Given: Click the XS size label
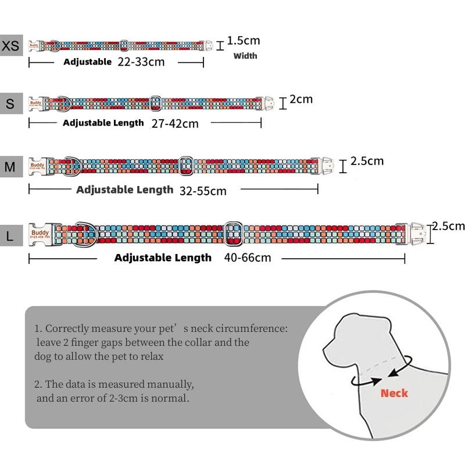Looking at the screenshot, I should [11, 45].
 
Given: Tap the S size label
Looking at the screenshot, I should [10, 104].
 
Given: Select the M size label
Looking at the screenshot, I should [10, 167].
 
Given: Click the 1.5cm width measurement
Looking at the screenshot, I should [244, 41].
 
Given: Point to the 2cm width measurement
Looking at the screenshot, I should [301, 99].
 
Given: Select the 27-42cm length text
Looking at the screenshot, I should [174, 123].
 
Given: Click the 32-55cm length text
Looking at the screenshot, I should [203, 190].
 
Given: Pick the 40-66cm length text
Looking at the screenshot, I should [247, 257].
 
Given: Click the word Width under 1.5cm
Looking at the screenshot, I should [245, 56].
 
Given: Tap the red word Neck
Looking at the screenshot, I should [394, 394].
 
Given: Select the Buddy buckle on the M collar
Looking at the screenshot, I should [38, 166].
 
